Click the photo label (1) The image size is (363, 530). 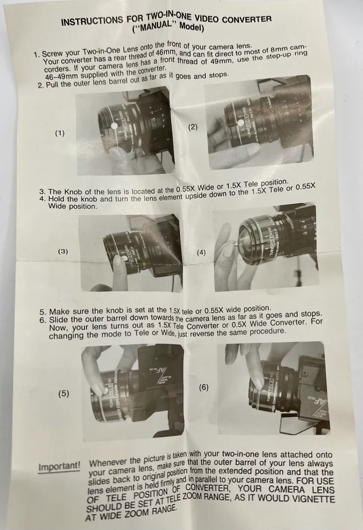click(x=60, y=133)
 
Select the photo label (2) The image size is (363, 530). click(x=192, y=127)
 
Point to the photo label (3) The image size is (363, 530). click(x=63, y=251)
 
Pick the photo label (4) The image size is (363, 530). click(x=201, y=252)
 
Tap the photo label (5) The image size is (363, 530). click(x=64, y=393)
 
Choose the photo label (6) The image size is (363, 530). click(x=204, y=387)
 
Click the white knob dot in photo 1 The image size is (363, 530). click(x=114, y=126)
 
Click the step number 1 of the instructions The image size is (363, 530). click(x=37, y=55)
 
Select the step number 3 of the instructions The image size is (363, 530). click(x=42, y=192)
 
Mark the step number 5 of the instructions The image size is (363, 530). click(x=43, y=312)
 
